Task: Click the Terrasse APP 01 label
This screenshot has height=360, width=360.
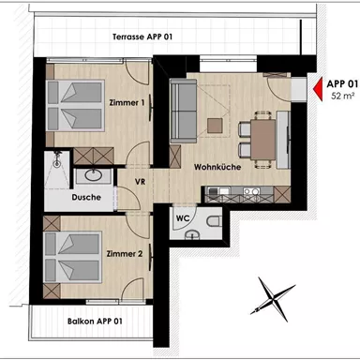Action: pyautogui.click(x=142, y=37)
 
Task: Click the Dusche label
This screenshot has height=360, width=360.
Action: pyautogui.click(x=85, y=197)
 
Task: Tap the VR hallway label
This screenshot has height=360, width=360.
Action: pyautogui.click(x=140, y=181)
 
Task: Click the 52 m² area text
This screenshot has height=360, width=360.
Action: pyautogui.click(x=339, y=97)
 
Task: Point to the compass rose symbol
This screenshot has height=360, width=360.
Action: pyautogui.click(x=270, y=299)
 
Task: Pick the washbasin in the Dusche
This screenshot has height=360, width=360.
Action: pyautogui.click(x=94, y=174)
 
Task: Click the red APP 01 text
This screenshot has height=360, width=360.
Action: pyautogui.click(x=341, y=83)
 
